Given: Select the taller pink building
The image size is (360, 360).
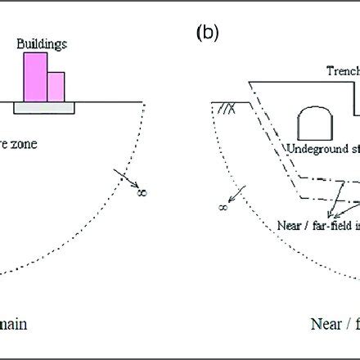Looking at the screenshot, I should tap(35, 76).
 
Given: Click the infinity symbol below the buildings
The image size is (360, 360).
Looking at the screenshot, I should tap(142, 192).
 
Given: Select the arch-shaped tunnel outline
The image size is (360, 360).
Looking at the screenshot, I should tap(313, 123).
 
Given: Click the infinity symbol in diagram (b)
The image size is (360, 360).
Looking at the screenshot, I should tap(223, 208).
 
